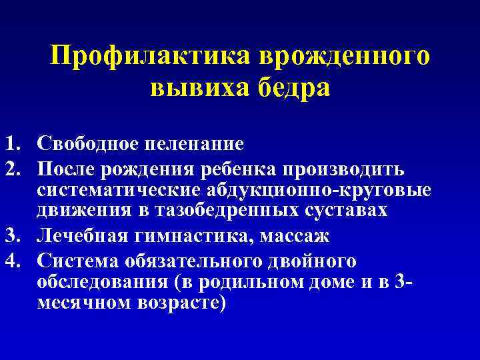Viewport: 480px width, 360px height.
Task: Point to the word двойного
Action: [x=314, y=259]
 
